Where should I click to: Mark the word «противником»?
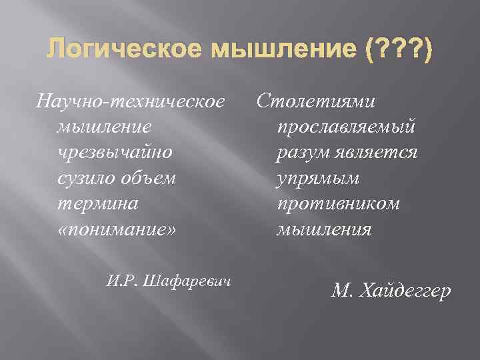point(337,203)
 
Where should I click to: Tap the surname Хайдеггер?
point(405,291)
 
